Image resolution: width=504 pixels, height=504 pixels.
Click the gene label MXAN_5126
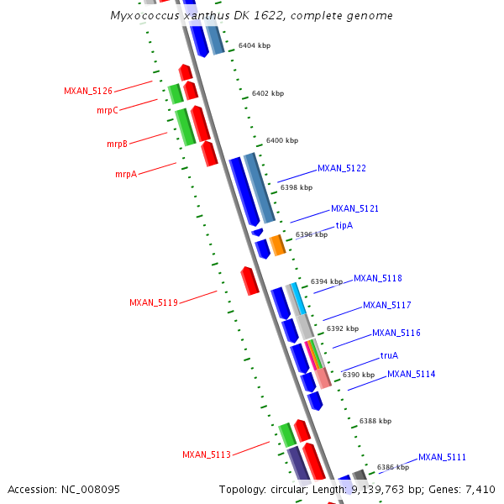click(88, 91)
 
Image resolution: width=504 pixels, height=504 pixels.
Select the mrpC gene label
click(107, 110)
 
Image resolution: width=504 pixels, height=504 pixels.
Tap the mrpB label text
click(117, 144)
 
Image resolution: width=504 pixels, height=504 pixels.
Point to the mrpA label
click(125, 174)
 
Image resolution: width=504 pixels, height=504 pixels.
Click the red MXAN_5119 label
click(153, 302)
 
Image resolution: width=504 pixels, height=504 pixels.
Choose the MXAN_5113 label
click(206, 454)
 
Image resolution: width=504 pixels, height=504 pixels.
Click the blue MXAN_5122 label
click(341, 168)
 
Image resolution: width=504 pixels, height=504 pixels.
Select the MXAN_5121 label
click(354, 208)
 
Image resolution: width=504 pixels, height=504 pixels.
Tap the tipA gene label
click(344, 225)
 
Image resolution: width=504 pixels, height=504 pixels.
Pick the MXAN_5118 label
click(377, 278)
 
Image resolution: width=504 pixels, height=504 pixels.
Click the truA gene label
click(389, 355)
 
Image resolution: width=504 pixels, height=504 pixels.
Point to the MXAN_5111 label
click(442, 457)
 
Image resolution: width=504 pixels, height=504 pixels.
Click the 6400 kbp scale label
click(281, 140)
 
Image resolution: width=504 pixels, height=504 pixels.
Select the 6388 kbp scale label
click(375, 421)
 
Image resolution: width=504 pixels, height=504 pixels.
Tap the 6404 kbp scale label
click(255, 45)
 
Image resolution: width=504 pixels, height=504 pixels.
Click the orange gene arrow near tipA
click(277, 244)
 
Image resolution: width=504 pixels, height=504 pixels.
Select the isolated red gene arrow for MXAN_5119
click(249, 281)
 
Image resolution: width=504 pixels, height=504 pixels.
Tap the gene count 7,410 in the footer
click(478, 489)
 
